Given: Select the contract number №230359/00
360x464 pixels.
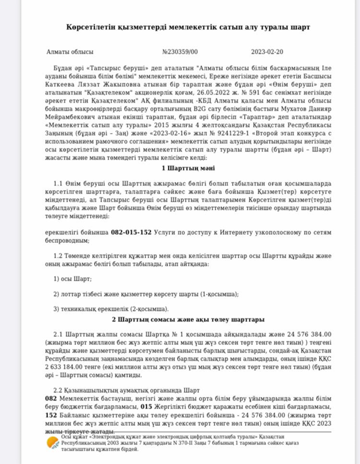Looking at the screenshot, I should pyautogui.click(x=180, y=52).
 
